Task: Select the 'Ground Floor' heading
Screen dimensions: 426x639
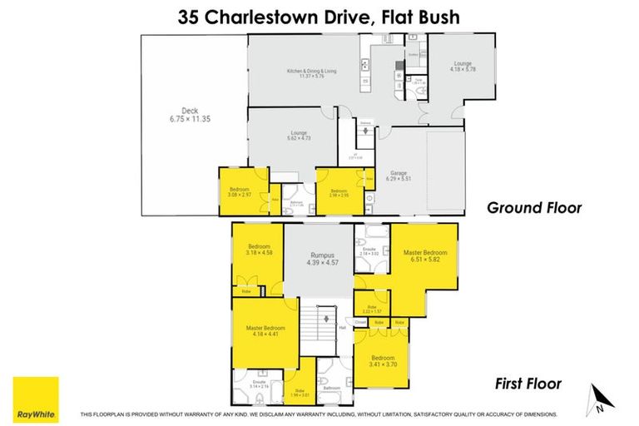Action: tap(534, 208)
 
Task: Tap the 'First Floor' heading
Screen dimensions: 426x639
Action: tap(528, 384)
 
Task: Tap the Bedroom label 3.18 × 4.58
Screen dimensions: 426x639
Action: tap(261, 250)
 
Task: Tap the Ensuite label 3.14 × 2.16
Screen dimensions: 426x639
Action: tap(258, 384)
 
